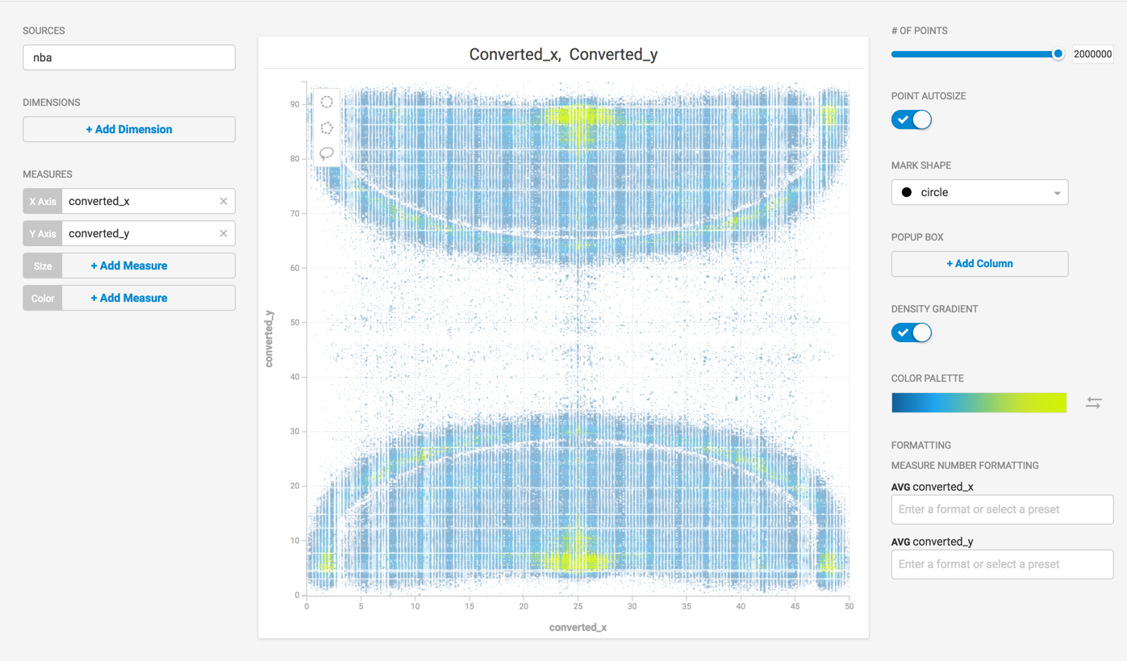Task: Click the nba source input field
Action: click(129, 57)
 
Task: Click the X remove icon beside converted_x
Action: click(223, 202)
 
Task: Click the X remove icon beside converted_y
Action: click(223, 233)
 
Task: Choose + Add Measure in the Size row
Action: click(129, 266)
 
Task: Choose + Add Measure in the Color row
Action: click(129, 298)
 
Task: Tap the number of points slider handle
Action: click(1058, 54)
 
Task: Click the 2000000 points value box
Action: click(1092, 54)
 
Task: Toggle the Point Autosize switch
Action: click(911, 119)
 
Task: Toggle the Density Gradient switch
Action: click(911, 333)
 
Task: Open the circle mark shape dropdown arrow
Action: click(1057, 193)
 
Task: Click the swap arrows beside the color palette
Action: click(1093, 403)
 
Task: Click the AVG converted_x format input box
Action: click(1002, 509)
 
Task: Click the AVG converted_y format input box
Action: click(1002, 564)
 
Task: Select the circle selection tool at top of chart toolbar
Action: click(327, 102)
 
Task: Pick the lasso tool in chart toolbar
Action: click(327, 153)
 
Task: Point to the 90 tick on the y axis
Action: click(294, 104)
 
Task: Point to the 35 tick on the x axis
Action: click(687, 606)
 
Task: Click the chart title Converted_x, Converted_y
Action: click(563, 54)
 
